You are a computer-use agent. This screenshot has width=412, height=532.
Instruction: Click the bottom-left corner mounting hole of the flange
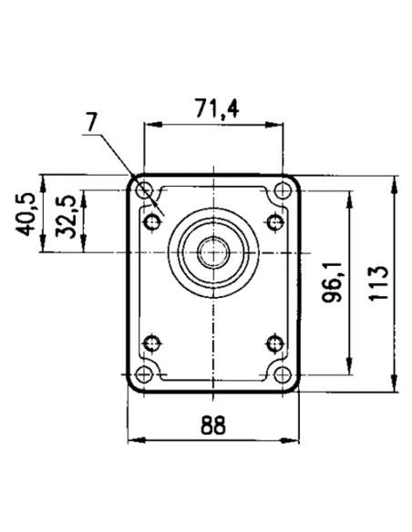click(x=144, y=375)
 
